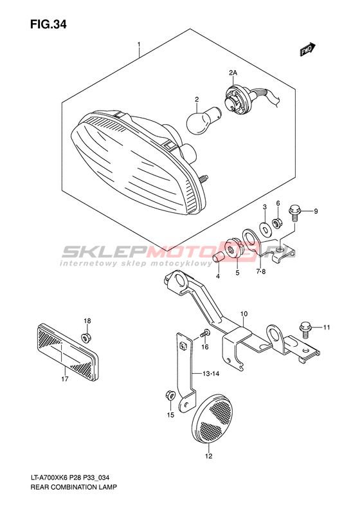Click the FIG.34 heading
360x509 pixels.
48,24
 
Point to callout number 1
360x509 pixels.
139,44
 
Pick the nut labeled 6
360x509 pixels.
277,223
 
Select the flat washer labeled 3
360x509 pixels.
265,228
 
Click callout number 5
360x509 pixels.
237,273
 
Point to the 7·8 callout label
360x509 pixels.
260,272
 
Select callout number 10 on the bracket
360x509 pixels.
244,313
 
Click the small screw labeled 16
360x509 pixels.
205,333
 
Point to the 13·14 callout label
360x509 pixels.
210,374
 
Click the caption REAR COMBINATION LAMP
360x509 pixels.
74,487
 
